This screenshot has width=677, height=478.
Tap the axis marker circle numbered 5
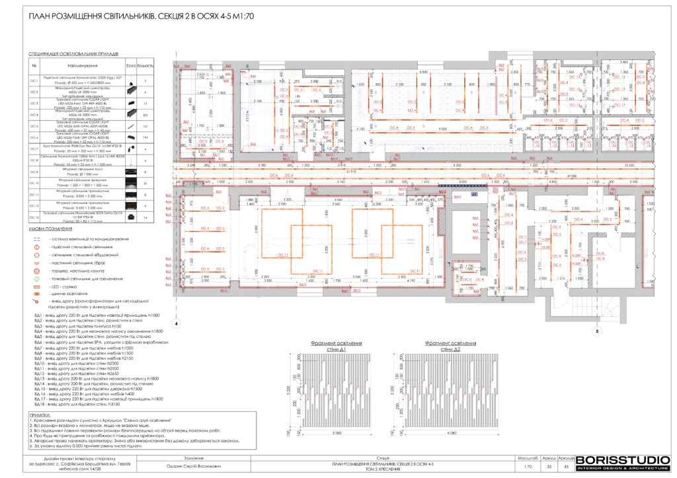point(597,332)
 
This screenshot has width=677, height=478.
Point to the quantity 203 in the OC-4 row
point(145,115)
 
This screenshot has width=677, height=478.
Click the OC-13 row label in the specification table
point(34,217)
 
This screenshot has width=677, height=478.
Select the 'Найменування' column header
point(82,66)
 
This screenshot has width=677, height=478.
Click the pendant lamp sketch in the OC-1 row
point(131,81)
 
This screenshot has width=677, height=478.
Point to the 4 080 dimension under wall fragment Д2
point(452,433)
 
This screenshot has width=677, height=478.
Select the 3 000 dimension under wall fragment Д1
point(337,433)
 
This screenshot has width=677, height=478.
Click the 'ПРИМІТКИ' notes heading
point(41,413)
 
